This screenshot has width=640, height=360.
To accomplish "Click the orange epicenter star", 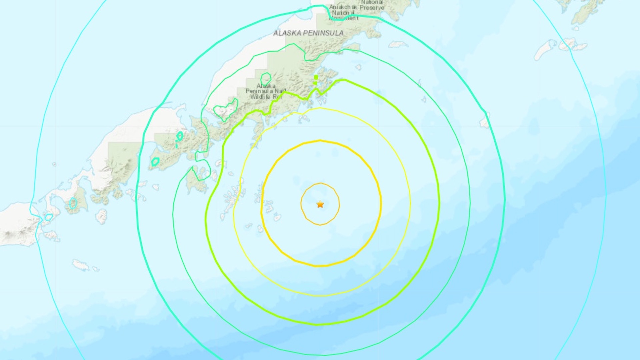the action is pos(320,204).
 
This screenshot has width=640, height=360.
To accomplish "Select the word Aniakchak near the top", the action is pos(343,7).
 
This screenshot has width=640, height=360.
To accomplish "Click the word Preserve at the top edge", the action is pos(372,7).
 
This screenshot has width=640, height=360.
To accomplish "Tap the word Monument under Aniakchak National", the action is pos(344,18).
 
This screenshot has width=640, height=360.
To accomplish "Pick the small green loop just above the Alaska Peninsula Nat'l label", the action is pos(266,79).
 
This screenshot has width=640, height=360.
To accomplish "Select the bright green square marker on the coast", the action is pos(316,77).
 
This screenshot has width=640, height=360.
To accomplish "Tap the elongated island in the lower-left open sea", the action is pos(81,265).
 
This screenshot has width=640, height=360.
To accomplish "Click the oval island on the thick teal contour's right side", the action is pos(485,120).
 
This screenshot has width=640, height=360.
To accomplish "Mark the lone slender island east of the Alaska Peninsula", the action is pos(398,44).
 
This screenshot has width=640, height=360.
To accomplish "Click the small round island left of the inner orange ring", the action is pos(277,218).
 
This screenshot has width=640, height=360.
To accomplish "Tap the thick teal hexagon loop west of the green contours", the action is pos(155,162).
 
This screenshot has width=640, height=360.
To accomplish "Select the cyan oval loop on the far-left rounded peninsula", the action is pos(73,203).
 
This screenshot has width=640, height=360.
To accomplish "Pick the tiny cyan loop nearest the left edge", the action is pos(49,217).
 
